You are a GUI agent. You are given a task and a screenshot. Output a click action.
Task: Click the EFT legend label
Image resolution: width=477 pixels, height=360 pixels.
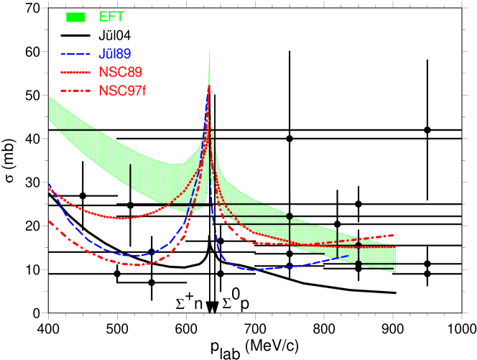click(111, 17)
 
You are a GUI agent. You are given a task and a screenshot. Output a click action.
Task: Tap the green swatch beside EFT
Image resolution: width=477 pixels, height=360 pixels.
click(75, 17)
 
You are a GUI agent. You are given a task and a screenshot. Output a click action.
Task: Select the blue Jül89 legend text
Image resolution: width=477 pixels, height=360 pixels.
click(115, 54)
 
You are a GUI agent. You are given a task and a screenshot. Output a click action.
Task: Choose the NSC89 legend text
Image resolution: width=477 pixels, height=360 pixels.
click(121, 73)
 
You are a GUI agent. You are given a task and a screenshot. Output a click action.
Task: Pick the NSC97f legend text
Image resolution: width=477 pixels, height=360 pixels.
click(123, 91)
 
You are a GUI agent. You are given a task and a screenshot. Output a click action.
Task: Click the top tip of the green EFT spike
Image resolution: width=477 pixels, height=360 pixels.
click(209, 50)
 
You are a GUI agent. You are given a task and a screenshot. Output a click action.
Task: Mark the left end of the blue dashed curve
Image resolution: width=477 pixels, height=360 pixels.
click(49, 185)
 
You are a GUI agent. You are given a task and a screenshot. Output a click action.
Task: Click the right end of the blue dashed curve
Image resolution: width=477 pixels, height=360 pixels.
click(348, 255)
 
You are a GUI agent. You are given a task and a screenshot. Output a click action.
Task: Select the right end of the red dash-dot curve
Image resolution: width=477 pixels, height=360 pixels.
click(394, 234)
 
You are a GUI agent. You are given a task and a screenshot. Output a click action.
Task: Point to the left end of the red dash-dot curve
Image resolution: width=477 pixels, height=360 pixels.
click(49, 221)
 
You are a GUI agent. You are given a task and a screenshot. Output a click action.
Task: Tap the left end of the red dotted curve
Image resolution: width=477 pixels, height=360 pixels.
click(49, 188)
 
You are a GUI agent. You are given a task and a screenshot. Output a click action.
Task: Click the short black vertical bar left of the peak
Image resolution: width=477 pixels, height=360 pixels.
click(130, 175)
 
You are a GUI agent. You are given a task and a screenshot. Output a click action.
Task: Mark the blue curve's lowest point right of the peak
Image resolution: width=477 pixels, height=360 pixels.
click(251, 270)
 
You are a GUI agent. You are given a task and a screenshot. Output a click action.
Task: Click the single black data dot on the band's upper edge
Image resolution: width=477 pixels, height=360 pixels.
click(290, 216)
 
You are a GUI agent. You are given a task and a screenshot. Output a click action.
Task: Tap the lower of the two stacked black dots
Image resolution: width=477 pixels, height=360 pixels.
click(358, 263)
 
